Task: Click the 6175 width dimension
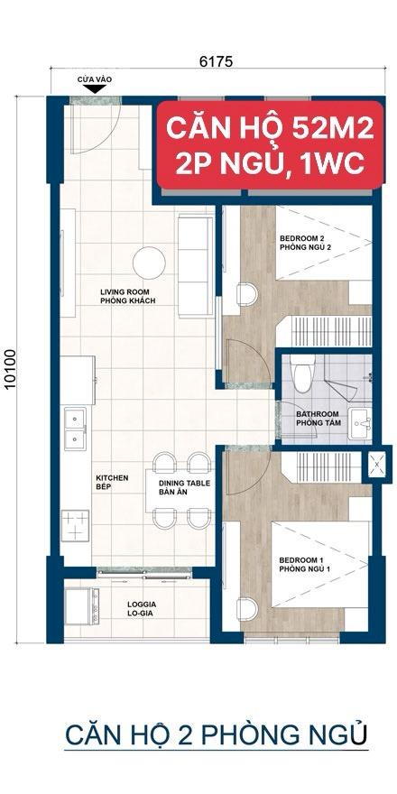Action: pos(216,61)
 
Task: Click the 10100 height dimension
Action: pos(11,369)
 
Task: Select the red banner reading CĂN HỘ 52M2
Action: pos(270,145)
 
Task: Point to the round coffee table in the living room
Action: pos(149,263)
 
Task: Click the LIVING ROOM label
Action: pos(127,296)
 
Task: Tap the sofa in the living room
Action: pos(195,266)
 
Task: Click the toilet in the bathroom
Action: pos(303,374)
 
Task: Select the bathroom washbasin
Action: pos(360,424)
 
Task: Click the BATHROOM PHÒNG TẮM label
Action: pos(319,419)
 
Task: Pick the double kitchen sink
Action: pos(76,428)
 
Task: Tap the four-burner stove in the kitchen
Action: pos(75,527)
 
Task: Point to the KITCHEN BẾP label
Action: pos(113,482)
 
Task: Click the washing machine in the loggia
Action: pos(81,605)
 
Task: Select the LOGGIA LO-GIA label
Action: pos(142,609)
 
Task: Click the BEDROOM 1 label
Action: pos(305,565)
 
